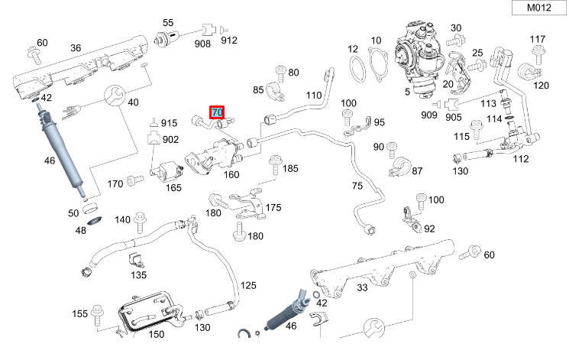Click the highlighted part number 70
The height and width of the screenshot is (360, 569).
point(217,112)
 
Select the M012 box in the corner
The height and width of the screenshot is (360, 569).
point(539,8)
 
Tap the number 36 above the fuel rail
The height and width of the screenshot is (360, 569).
point(76,48)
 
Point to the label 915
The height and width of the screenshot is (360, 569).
point(169,123)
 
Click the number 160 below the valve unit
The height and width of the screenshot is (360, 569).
point(231,175)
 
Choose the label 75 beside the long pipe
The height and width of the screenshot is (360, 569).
point(357,186)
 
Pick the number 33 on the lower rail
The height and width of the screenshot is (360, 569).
point(362,287)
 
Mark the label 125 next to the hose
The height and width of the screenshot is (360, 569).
point(248,286)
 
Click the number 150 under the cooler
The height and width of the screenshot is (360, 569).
point(157,334)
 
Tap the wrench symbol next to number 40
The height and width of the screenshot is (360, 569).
point(115,96)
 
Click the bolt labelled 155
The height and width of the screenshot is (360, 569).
point(97,316)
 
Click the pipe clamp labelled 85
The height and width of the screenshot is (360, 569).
point(275,91)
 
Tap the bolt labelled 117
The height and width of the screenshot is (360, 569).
point(538,55)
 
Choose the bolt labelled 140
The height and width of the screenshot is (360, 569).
point(140,222)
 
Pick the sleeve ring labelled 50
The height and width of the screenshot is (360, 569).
point(90,209)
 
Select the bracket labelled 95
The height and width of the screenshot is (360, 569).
point(357,126)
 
